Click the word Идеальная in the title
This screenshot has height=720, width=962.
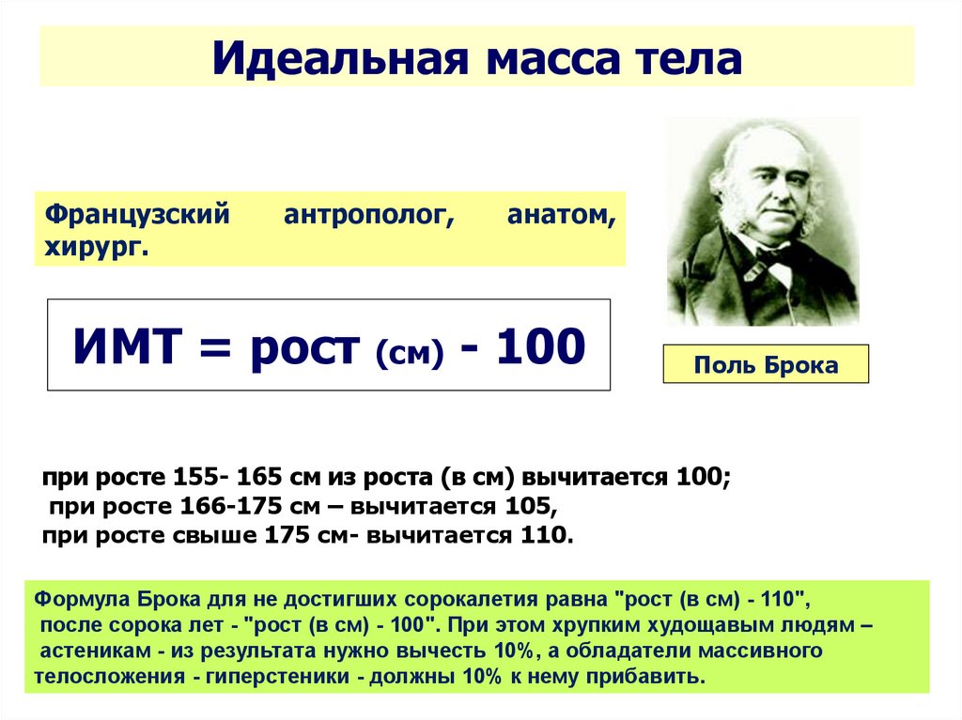point(340,59)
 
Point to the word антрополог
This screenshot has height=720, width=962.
point(368,216)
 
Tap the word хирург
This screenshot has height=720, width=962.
point(97,249)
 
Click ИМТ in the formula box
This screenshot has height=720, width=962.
point(128,346)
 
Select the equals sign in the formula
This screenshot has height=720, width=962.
point(215,348)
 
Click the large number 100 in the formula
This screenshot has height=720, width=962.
point(540,346)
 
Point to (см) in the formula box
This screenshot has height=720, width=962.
point(410,353)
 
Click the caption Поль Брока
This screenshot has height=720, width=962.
point(766,365)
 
